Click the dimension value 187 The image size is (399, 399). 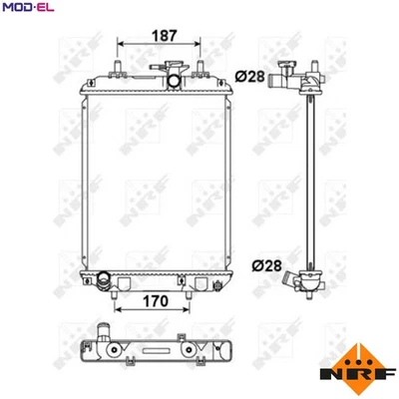pyautogui.click(x=164, y=35)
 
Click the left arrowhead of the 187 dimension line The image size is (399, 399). pyautogui.click(x=122, y=46)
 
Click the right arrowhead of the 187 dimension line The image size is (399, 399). pyautogui.click(x=206, y=46)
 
